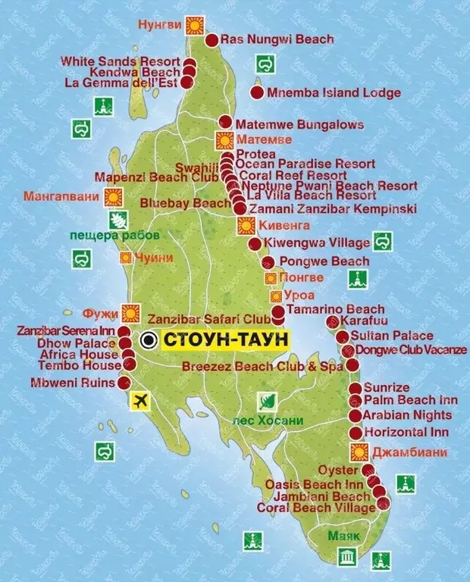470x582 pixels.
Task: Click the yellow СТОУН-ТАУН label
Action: (226, 339)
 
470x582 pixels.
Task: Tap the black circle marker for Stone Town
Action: (150, 339)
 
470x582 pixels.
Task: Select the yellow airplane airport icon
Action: (140, 400)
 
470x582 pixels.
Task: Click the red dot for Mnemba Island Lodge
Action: (257, 93)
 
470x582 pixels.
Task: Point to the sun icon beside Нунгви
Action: (194, 25)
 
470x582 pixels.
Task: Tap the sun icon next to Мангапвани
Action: (114, 197)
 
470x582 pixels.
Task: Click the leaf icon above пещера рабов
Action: (119, 221)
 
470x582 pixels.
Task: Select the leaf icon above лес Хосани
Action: (266, 402)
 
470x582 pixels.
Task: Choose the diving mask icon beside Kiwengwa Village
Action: (383, 242)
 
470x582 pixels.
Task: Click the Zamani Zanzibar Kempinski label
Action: (331, 208)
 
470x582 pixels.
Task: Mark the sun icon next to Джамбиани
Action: (360, 452)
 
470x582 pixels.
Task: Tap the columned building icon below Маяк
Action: (348, 558)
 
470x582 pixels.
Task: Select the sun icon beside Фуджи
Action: (131, 311)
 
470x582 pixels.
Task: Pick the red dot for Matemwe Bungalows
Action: (225, 122)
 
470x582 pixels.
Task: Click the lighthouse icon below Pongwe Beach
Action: (358, 279)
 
